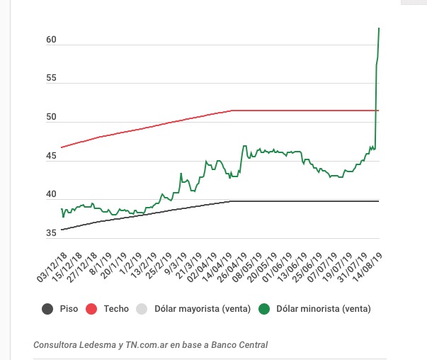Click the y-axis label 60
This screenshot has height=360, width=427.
(x=51, y=40)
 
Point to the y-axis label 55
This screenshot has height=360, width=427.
(x=51, y=79)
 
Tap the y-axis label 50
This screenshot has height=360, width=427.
(x=51, y=118)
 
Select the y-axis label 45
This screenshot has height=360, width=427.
(x=51, y=157)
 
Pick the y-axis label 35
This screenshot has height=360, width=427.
(x=51, y=234)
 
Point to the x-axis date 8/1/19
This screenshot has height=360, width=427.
(x=98, y=264)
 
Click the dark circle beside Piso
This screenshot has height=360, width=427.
(x=48, y=308)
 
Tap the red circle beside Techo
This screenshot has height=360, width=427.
(x=92, y=308)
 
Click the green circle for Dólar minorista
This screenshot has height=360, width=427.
(x=264, y=308)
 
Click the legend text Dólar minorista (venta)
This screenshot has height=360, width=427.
(x=324, y=308)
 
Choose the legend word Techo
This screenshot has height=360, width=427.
(x=116, y=308)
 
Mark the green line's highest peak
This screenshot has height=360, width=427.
(x=379, y=28)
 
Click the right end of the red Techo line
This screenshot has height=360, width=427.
(x=379, y=111)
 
